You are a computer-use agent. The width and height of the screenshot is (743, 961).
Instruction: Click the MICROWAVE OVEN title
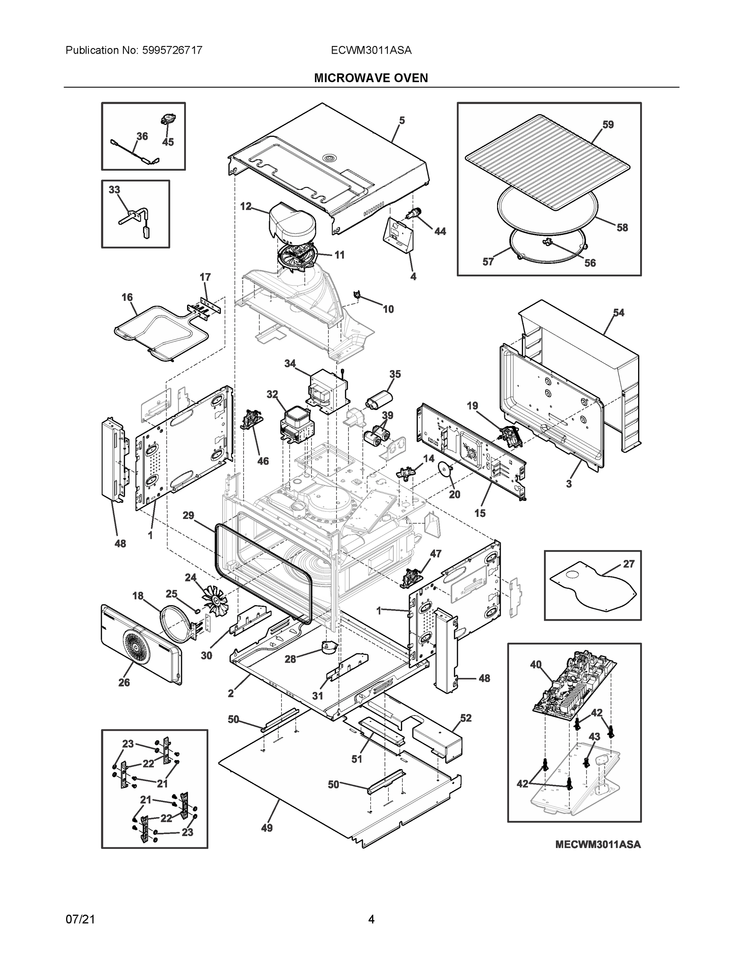[x=370, y=78]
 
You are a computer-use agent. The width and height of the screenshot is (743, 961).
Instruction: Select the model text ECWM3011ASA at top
[x=371, y=50]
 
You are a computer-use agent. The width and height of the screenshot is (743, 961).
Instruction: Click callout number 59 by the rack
[x=608, y=125]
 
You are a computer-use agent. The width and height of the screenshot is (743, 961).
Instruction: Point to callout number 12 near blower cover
[x=246, y=206]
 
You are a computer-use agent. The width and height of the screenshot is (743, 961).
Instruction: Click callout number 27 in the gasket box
[x=628, y=564]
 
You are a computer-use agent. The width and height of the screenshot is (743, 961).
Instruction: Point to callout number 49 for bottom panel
[x=267, y=828]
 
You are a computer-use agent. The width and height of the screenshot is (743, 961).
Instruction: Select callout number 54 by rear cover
[x=618, y=312]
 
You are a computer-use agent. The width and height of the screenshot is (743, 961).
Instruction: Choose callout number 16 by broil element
[x=127, y=298]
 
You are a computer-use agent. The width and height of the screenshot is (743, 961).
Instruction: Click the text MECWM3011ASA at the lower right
[x=598, y=844]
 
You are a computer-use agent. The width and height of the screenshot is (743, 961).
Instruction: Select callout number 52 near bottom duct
[x=466, y=718]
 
